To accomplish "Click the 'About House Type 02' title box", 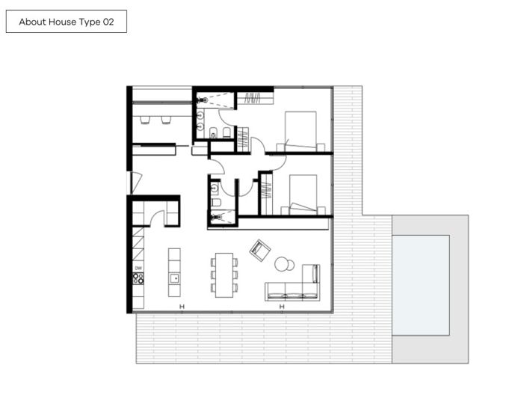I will [66, 22].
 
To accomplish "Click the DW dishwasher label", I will [138, 268].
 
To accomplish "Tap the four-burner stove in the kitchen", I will [138, 278].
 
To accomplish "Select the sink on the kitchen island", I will [174, 279].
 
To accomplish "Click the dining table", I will [224, 275].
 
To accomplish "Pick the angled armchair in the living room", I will [259, 249].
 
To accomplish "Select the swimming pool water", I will [420, 284].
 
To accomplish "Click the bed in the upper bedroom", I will [299, 131].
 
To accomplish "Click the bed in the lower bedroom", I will [301, 195].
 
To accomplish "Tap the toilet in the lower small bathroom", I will [215, 203].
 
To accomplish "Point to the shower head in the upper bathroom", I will [203, 99].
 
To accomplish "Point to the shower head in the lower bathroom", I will [215, 218].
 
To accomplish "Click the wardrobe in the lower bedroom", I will [265, 195].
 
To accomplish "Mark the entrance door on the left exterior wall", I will [134, 182].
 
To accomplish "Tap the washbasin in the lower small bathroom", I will [215, 188].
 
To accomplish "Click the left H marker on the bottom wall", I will [181, 307].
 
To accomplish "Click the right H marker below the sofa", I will [282, 307].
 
